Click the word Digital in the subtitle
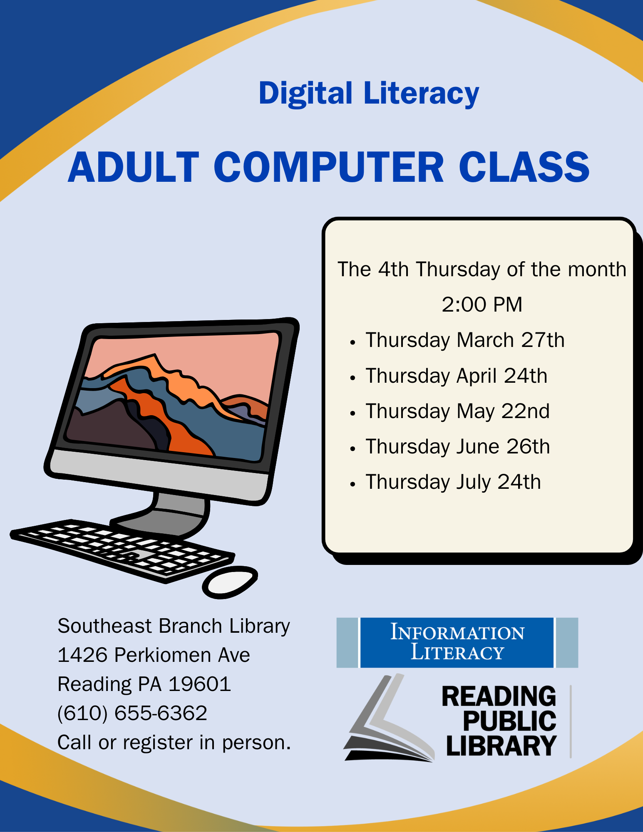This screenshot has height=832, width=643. click(305, 94)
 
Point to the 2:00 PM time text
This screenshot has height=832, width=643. click(482, 305)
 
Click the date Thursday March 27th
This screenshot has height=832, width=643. click(465, 340)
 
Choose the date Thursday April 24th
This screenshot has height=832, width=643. click(456, 376)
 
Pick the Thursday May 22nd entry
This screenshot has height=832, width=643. click(457, 411)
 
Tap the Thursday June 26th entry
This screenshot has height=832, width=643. click(457, 447)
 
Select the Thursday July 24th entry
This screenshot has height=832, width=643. click(453, 482)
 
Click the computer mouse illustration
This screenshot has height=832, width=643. click(230, 582)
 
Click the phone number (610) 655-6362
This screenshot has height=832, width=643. click(132, 713)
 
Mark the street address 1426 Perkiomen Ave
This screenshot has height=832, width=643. click(154, 655)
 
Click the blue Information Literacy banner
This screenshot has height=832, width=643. click(457, 643)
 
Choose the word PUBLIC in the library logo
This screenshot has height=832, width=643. click(509, 721)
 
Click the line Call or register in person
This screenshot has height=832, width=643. click(174, 743)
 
